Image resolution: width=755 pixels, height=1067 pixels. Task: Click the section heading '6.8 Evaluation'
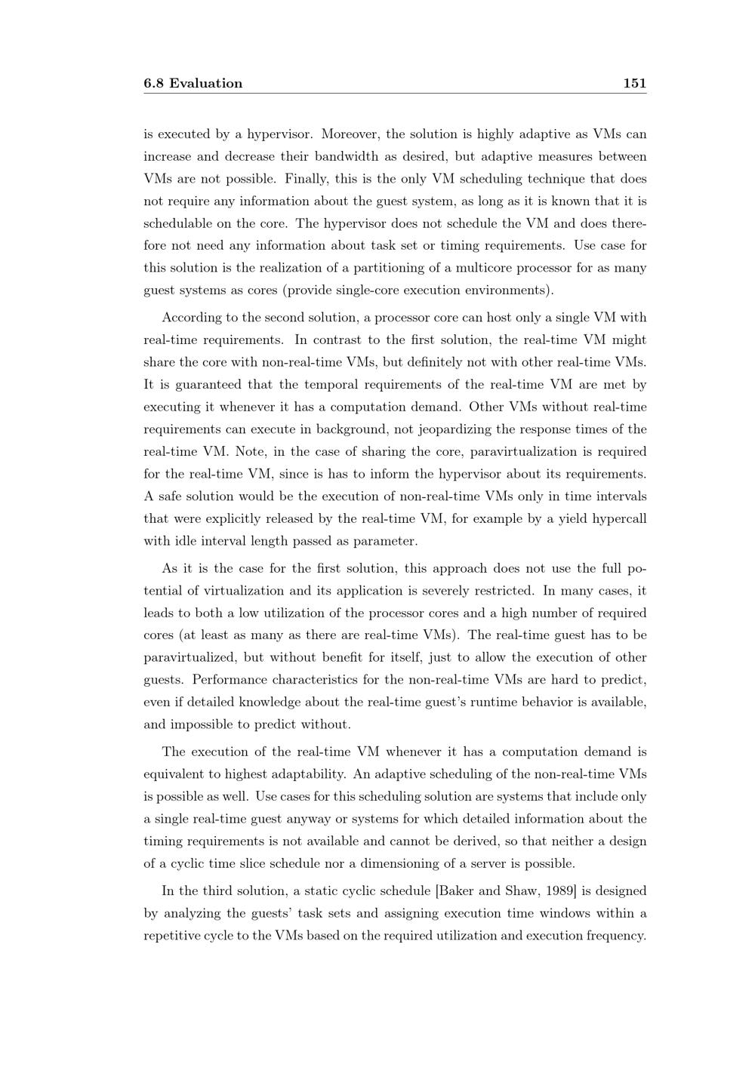tap(193, 84)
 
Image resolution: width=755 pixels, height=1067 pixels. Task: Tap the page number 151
tap(634, 84)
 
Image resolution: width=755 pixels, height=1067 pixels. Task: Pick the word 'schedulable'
tap(177, 224)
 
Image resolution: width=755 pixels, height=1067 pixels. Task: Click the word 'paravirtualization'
tap(524, 452)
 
